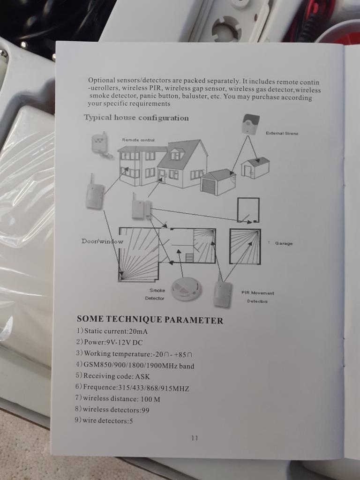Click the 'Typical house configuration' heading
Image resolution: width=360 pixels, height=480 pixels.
pos(136,118)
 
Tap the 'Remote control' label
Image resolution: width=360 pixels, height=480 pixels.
pos(138,140)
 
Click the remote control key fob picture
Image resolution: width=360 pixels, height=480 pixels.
pos(101,145)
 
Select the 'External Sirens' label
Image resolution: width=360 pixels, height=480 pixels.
pos(282,133)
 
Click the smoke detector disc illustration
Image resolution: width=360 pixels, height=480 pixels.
pos(186,289)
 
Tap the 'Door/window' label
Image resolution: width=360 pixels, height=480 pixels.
pos(102,241)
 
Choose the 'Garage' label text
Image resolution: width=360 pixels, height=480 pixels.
pos(284,243)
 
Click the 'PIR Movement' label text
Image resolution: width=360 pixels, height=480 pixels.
pos(257,293)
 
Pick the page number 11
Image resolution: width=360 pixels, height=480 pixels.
pos(195,438)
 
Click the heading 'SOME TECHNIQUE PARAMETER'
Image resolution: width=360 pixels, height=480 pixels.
pos(150,319)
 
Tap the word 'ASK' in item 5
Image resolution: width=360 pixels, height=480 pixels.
pos(142,376)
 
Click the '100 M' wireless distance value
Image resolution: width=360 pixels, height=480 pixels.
pos(150,399)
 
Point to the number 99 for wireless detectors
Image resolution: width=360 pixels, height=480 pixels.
pos(145,410)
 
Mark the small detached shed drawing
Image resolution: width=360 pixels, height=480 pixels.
pos(255,168)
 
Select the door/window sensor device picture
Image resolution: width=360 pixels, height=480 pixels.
pos(141,206)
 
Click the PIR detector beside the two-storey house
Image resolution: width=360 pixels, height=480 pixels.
pos(95,192)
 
